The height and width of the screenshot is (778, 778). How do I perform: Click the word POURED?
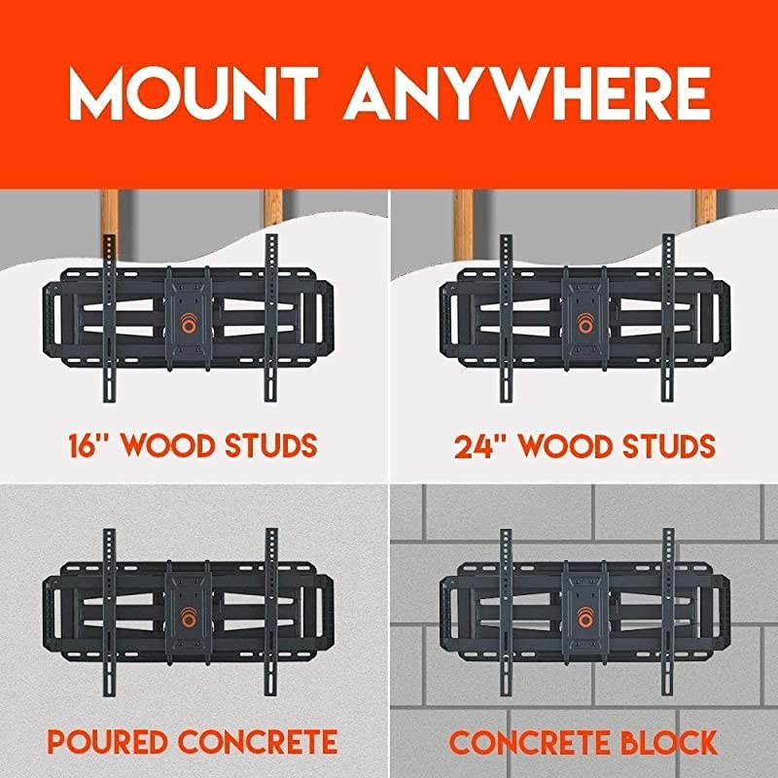(112, 743)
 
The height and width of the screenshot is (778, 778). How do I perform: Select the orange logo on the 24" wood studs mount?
(583, 324)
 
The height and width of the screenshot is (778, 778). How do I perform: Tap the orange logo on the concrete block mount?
(583, 619)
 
